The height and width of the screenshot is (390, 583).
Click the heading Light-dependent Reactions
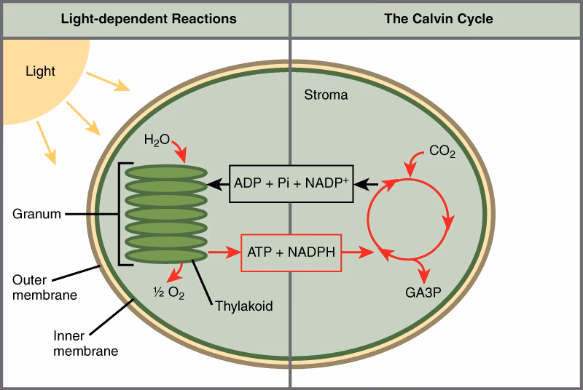[148, 19]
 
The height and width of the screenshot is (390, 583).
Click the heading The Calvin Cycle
[439, 19]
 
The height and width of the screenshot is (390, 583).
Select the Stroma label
[326, 95]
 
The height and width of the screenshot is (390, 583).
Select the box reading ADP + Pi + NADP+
[292, 183]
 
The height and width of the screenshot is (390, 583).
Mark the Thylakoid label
[243, 306]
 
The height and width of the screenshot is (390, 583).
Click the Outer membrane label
[39, 287]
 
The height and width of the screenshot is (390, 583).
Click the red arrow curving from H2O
[179, 151]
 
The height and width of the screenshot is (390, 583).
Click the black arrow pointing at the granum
[218, 184]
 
